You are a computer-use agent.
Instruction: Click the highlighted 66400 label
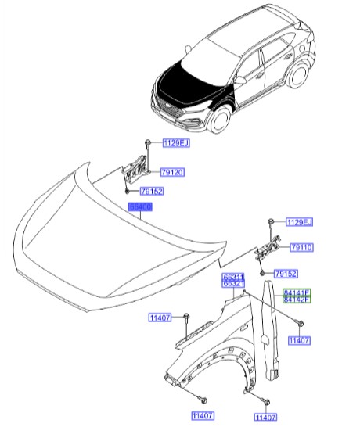tap(142, 207)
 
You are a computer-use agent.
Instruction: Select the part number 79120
tap(172, 172)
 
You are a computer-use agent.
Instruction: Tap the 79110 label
tap(301, 247)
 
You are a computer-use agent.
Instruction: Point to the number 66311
tap(233, 276)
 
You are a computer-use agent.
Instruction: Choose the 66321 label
tap(233, 284)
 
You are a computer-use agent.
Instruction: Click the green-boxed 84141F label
tap(297, 292)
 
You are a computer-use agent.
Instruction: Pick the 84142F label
tap(297, 300)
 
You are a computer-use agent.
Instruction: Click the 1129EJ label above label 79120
tap(176, 143)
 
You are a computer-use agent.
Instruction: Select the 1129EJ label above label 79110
tap(298, 223)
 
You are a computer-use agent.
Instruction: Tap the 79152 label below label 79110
tap(287, 274)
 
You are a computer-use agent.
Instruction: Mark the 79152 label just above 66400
tap(151, 190)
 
